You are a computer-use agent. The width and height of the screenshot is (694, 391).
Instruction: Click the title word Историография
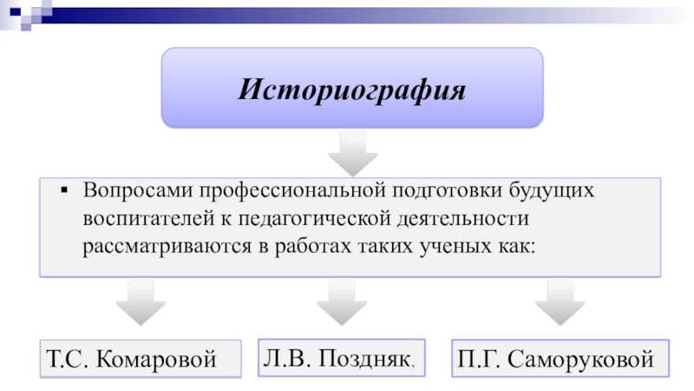point(352,89)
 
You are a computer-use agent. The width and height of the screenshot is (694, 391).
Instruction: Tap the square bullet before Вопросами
point(64,189)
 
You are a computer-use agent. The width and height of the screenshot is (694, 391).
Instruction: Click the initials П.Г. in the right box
point(479,358)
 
